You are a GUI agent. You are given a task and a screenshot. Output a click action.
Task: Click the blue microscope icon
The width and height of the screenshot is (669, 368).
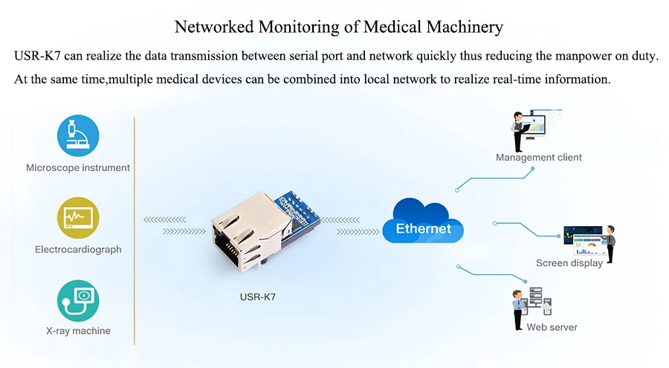click(x=78, y=135)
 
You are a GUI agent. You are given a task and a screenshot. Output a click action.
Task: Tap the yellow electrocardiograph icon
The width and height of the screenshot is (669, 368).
click(x=78, y=218)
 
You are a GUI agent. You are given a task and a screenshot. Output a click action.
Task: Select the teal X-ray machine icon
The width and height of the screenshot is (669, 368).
click(x=78, y=300)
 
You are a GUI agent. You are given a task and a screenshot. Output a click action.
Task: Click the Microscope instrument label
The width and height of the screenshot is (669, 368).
click(x=77, y=168)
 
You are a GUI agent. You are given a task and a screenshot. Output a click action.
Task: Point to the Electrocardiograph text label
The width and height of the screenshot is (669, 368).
click(x=78, y=249)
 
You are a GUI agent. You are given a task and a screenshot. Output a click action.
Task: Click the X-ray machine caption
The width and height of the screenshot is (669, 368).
click(x=78, y=331)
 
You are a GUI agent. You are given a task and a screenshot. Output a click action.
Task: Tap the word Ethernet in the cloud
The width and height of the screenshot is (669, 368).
click(x=423, y=228)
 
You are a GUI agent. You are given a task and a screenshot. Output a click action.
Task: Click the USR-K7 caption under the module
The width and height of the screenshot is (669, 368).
click(x=258, y=297)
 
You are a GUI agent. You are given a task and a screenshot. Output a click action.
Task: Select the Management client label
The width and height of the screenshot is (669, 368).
click(x=538, y=158)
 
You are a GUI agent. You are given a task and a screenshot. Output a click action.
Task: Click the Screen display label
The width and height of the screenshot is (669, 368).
click(x=569, y=263)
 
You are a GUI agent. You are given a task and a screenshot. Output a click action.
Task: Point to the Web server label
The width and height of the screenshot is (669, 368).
click(x=552, y=327)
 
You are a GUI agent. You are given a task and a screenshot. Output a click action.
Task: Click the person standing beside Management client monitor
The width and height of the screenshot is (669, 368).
click(x=518, y=132)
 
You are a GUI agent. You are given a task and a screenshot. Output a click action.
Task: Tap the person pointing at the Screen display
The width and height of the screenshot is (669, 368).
click(x=610, y=244)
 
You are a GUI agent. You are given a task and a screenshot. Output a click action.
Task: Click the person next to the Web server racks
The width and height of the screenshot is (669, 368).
click(x=518, y=310)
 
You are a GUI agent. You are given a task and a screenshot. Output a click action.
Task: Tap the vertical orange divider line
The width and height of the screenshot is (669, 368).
click(x=134, y=231)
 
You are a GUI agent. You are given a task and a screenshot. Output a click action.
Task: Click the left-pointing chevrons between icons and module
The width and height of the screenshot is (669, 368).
click(x=165, y=220)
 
